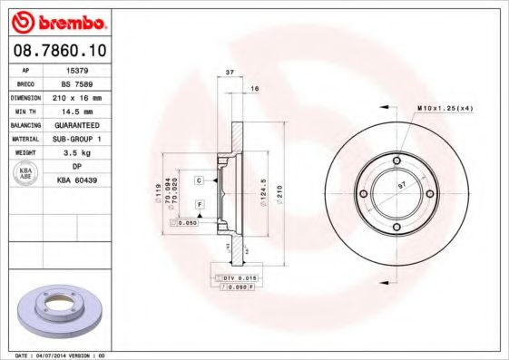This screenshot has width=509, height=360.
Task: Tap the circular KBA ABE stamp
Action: pos(24,175)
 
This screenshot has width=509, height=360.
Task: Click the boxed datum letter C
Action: pos(198,180)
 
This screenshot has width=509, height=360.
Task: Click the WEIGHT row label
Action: pos(24,153)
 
